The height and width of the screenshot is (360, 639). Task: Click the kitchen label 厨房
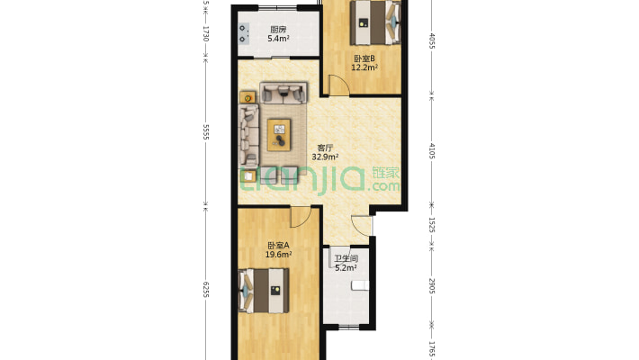point(278,30)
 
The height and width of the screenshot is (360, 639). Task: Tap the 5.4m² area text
point(278,39)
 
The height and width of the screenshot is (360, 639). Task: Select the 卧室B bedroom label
point(364,58)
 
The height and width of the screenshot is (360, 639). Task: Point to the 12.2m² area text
point(364,67)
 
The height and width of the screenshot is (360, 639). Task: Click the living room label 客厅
point(325,148)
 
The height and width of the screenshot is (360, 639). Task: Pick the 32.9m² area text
point(325,157)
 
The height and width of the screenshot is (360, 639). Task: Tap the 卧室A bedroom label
point(278,246)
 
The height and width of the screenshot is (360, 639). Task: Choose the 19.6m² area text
point(278,255)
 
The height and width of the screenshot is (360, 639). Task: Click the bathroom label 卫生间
point(346,258)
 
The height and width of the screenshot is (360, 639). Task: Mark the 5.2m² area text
point(346,268)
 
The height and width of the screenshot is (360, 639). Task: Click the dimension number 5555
point(206,132)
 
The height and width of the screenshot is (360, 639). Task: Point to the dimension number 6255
point(206,290)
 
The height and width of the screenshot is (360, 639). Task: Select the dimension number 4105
point(432,151)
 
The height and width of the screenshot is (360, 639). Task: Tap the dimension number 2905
point(432,286)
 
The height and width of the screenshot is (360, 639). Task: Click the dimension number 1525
point(432,225)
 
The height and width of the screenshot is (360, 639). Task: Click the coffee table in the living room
point(279,134)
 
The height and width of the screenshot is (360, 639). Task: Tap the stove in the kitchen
point(243,33)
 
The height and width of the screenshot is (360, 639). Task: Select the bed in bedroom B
point(375,22)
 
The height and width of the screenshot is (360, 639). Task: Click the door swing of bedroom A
point(301,217)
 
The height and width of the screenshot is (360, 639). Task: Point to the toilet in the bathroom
point(360,285)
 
